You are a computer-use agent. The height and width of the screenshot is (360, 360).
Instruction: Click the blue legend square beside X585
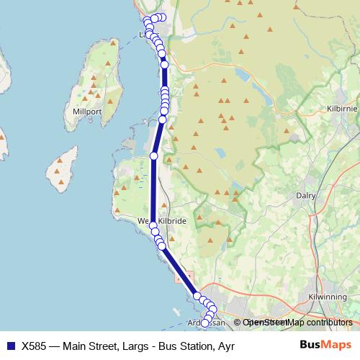10,345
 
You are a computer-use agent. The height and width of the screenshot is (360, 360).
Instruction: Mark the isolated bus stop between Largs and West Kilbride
153,156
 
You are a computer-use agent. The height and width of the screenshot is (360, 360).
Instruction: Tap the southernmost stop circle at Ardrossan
204,323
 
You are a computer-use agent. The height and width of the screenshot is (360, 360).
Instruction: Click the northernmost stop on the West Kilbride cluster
153,226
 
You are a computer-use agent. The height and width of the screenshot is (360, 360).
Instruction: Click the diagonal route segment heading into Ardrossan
179,271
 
